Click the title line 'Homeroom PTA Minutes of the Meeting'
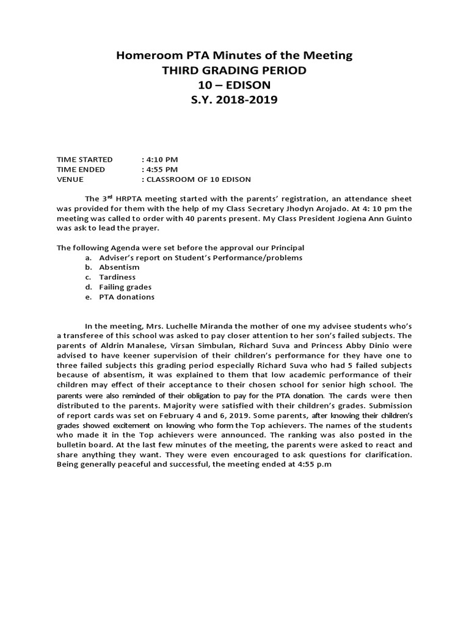(x=234, y=56)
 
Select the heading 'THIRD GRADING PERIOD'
(x=234, y=70)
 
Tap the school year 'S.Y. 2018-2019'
(x=234, y=99)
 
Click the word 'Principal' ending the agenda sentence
(x=286, y=248)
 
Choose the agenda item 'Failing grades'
(x=126, y=287)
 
